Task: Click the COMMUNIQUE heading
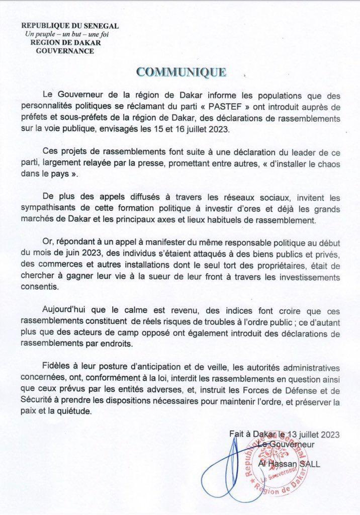[182, 72]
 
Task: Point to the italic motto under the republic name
[67, 34]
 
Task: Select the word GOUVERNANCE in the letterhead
[65, 51]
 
